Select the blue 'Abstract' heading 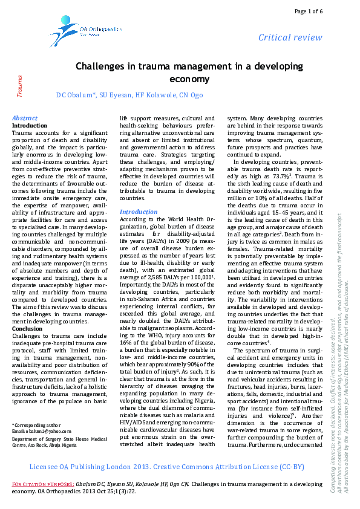[x=25, y=118]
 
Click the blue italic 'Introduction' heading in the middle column [x=138, y=212]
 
